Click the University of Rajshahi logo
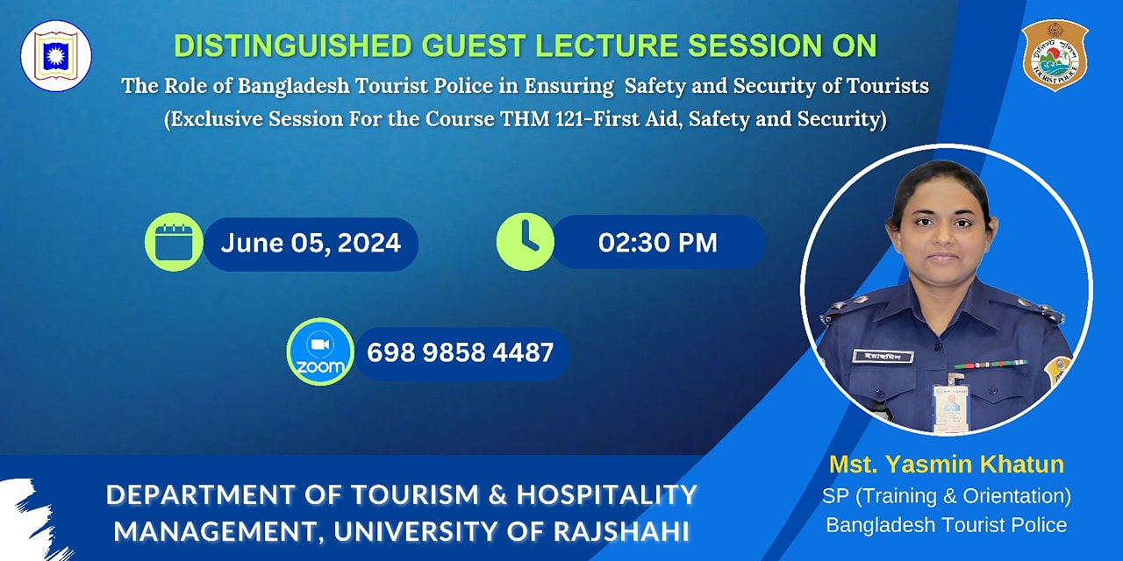tap(56, 55)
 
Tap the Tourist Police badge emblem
tap(1055, 55)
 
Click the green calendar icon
tap(174, 243)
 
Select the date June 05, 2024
tap(311, 243)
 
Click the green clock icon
tap(526, 242)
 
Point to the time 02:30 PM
tap(658, 243)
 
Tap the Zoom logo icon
tap(320, 352)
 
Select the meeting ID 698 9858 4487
tap(461, 352)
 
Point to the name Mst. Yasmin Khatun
tap(947, 465)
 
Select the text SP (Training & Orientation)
tap(947, 496)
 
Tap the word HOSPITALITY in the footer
tap(606, 494)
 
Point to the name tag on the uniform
tap(883, 357)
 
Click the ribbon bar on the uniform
tap(991, 365)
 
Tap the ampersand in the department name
tap(497, 494)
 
